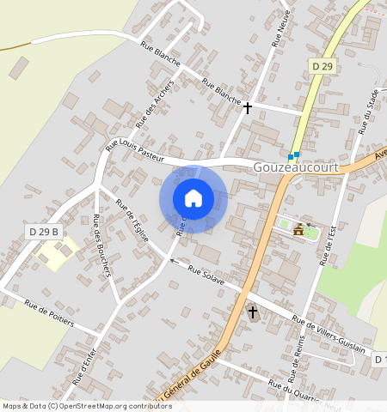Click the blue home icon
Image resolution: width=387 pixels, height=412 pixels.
click(193, 198)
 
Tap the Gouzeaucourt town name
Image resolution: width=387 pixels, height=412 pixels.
click(296, 168)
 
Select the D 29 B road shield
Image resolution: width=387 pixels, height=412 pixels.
click(43, 231)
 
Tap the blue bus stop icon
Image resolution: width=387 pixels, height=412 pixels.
click(294, 156)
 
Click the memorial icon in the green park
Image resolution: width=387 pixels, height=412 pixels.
click(298, 229)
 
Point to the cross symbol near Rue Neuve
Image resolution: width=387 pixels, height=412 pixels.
click(248, 108)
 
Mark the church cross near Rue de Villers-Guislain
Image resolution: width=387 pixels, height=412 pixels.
click(253, 312)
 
